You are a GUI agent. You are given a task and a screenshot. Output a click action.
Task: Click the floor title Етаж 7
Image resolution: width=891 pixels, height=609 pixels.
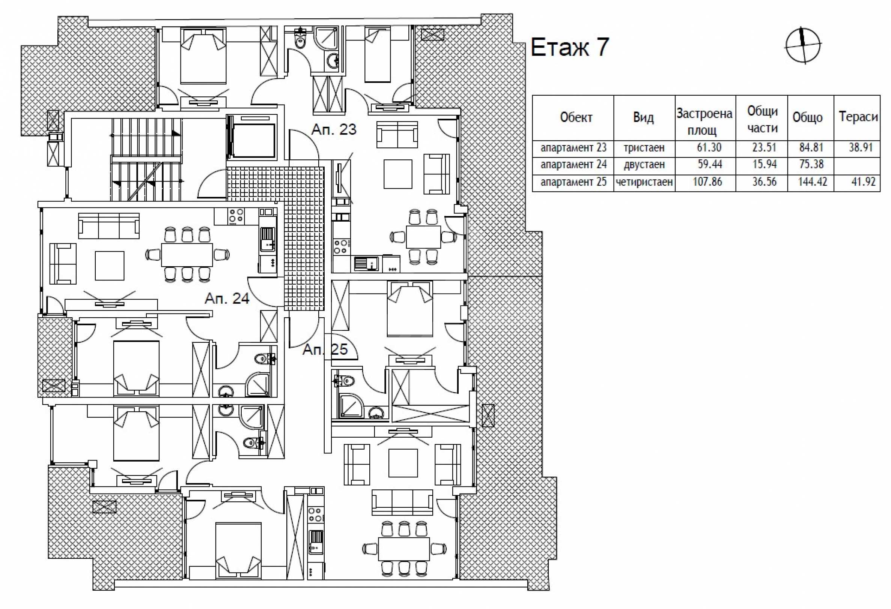570,48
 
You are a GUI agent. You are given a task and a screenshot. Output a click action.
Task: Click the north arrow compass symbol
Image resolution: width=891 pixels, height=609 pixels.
803,46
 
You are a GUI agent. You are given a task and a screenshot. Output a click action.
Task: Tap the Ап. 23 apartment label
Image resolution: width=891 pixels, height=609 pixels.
334,129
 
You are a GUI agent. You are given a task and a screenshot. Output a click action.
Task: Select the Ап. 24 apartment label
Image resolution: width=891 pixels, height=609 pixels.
227,298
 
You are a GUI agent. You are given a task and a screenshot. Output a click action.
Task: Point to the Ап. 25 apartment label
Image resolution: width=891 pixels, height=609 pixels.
325,349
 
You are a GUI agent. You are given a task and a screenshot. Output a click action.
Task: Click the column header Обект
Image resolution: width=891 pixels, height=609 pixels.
576,117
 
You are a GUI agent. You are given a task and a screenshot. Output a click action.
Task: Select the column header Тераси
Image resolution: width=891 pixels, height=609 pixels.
858,117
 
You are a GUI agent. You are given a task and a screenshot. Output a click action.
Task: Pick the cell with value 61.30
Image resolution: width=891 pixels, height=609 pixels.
709,147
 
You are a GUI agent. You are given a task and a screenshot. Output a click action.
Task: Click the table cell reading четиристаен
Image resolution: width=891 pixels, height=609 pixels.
644,181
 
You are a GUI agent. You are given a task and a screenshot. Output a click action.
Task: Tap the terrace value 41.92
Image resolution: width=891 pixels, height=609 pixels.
863,181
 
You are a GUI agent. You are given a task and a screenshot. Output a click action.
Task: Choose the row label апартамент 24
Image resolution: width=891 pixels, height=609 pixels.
573,165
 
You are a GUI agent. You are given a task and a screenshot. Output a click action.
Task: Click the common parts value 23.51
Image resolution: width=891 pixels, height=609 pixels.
764,147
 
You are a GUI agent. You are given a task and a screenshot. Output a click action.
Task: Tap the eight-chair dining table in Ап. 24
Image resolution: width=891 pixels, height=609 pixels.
187,254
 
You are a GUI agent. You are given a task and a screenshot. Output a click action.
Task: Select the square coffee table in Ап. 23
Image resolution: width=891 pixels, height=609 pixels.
398,174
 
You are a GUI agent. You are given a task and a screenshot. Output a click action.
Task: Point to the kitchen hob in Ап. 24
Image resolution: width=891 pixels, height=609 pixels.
236,216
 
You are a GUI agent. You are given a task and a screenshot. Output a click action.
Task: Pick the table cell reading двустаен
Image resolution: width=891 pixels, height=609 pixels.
644,165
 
